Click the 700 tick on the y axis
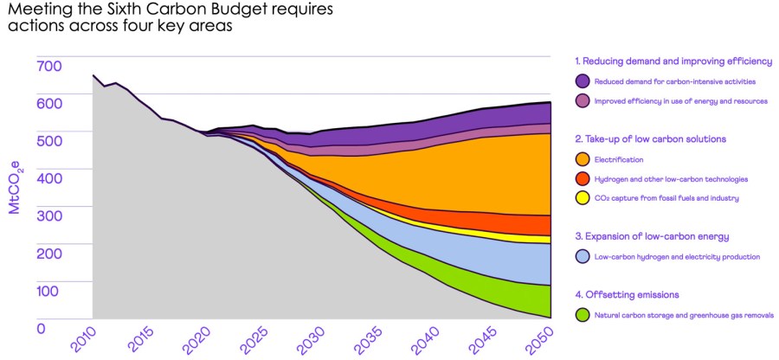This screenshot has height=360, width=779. [x=48, y=66]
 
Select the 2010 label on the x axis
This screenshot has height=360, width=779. [x=83, y=341]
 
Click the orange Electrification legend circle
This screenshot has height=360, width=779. [x=583, y=159]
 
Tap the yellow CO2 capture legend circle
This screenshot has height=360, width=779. [x=583, y=199]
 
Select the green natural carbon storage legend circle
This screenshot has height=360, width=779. [x=583, y=315]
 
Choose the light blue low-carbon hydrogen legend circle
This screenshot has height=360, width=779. [x=583, y=257]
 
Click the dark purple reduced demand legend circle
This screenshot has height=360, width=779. [x=583, y=81]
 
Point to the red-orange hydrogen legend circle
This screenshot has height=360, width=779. [x=583, y=179]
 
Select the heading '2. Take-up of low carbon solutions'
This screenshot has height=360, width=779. [x=650, y=138]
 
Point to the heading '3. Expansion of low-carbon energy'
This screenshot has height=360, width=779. [x=652, y=236]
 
